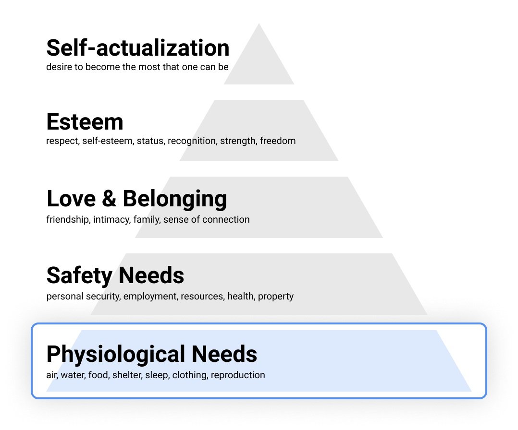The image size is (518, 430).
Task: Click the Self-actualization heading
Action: click(137, 48)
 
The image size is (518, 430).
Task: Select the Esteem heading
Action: click(85, 122)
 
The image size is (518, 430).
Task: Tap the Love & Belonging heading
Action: click(136, 199)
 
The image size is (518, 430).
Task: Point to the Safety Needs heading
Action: click(115, 275)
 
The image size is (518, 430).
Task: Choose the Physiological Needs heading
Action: click(151, 354)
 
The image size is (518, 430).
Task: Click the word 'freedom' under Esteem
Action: click(278, 141)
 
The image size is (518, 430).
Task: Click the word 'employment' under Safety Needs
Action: click(150, 297)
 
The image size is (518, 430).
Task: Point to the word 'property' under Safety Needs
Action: click(275, 297)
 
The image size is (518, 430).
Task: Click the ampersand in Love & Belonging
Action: click(109, 199)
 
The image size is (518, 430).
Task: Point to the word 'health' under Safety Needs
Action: click(240, 297)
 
